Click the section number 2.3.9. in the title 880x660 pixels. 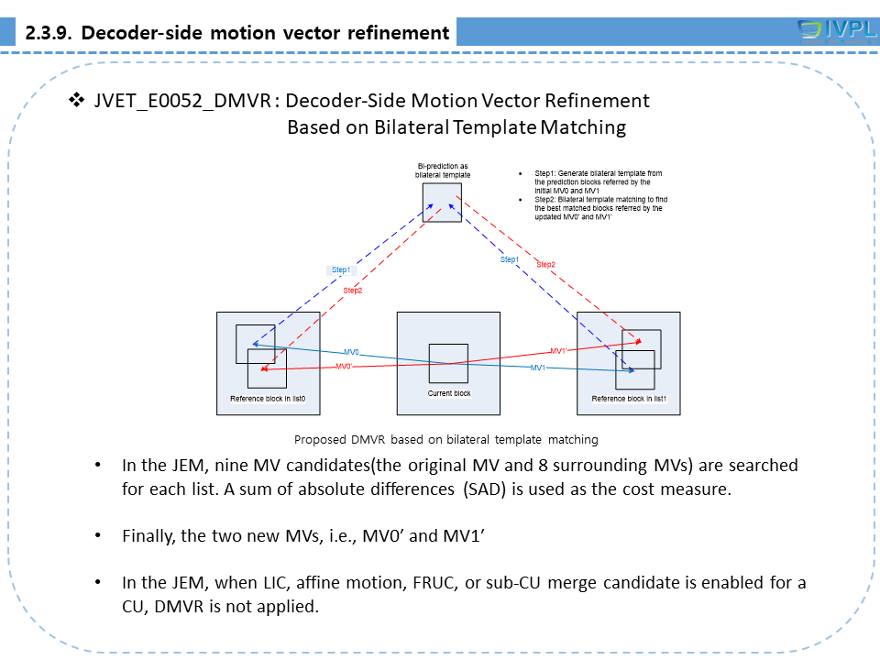49,34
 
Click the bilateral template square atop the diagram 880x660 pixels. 442,202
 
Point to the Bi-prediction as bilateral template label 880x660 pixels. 443,170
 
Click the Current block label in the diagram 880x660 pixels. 449,393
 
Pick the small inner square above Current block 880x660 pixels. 448,363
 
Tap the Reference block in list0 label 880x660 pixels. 268,399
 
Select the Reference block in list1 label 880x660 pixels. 629,399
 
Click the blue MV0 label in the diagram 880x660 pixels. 351,352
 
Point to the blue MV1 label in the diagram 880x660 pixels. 538,368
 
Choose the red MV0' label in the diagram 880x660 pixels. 344,367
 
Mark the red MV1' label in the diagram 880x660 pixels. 558,351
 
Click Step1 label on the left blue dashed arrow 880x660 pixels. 341,270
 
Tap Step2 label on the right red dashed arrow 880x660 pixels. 545,264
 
